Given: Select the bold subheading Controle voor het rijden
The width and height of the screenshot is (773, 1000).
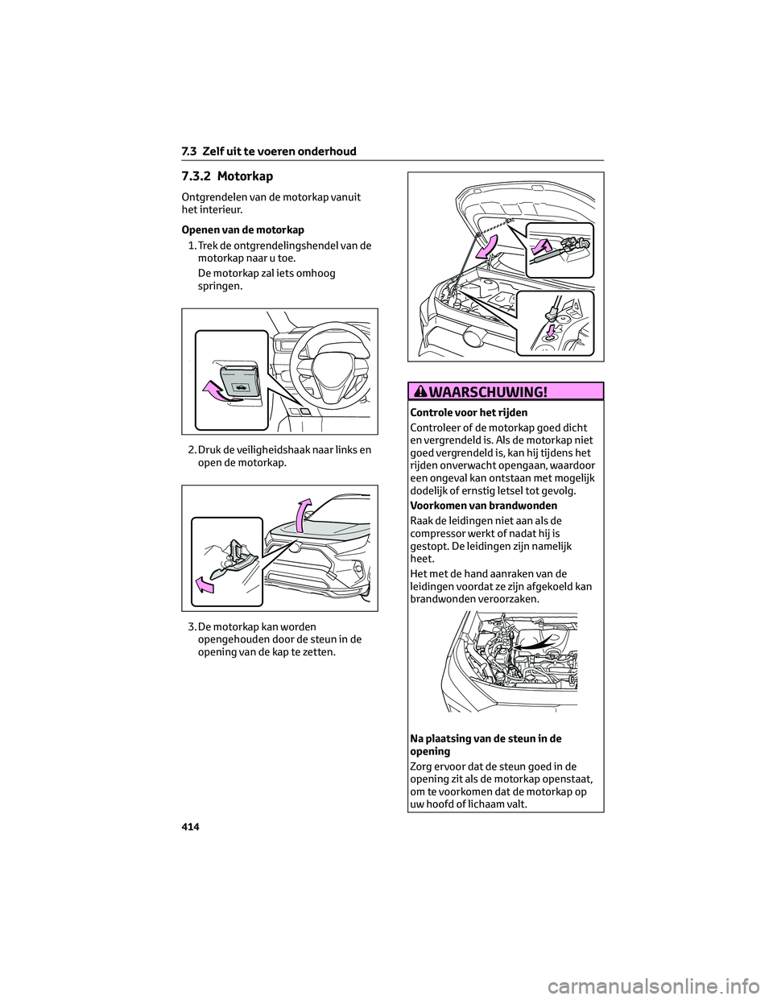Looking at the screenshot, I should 469,412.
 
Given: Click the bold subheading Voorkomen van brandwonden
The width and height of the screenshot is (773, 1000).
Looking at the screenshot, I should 480,506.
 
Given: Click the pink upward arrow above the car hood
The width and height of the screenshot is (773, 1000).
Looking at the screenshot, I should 303,515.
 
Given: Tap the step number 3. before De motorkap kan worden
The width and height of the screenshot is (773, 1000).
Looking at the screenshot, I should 191,626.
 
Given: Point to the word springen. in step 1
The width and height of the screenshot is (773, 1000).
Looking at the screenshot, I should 219,285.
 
